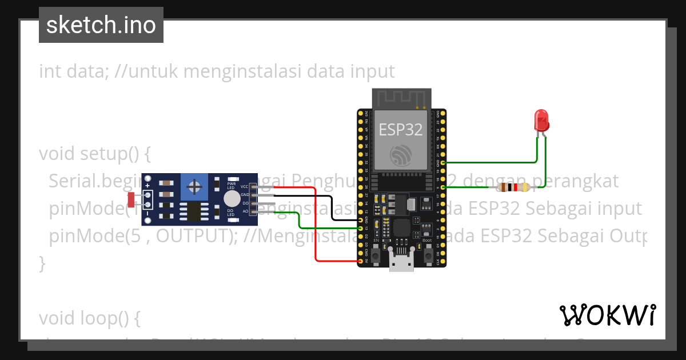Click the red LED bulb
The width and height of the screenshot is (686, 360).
(541, 119)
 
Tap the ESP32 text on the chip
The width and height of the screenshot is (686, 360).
(401, 129)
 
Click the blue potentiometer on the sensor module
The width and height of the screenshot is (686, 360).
(195, 187)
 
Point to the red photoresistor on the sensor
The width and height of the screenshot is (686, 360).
(131, 199)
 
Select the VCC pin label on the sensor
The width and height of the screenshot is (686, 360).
(244, 187)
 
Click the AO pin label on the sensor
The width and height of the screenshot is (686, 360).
(245, 211)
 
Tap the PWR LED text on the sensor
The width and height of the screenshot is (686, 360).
(232, 185)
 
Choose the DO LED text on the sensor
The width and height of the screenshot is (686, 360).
(232, 213)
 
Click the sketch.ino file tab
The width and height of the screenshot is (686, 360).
(101, 25)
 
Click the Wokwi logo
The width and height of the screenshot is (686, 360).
(607, 315)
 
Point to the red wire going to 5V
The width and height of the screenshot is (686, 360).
(316, 229)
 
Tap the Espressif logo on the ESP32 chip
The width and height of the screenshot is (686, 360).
(401, 155)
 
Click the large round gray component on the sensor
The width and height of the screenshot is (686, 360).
(232, 199)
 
